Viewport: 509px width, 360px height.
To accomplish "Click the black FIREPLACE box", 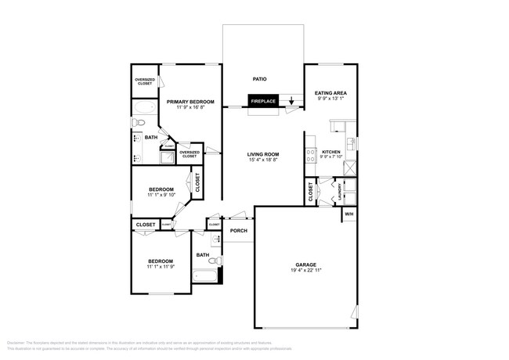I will [x=262, y=100].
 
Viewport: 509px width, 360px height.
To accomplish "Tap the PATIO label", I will [x=262, y=78].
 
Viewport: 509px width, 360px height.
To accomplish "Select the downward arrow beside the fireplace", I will [x=291, y=100].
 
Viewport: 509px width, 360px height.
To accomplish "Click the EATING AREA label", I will [x=330, y=92].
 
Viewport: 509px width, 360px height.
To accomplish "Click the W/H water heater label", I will [x=349, y=214].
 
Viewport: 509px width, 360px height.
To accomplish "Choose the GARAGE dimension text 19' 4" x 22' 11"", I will [x=305, y=271].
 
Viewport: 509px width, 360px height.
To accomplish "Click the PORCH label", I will [x=238, y=231].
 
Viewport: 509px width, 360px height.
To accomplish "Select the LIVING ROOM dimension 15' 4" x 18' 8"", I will [x=263, y=160].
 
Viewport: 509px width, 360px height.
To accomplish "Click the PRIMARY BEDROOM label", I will [x=190, y=102].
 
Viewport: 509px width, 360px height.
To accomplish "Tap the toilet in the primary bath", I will [x=137, y=123].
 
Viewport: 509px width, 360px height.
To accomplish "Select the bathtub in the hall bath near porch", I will [x=205, y=275].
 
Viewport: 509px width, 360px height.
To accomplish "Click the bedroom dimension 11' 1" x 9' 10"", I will [x=161, y=195].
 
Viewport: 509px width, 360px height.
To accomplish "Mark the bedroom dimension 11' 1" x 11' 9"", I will [x=161, y=267].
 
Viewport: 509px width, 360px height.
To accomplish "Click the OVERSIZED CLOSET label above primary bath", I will [x=145, y=81].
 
